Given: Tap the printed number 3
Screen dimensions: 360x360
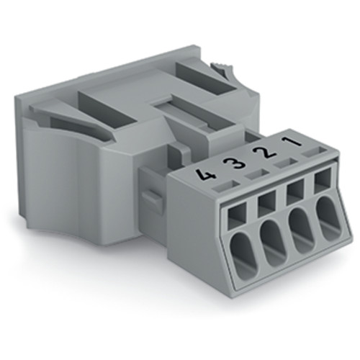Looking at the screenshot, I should tap(230, 165).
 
